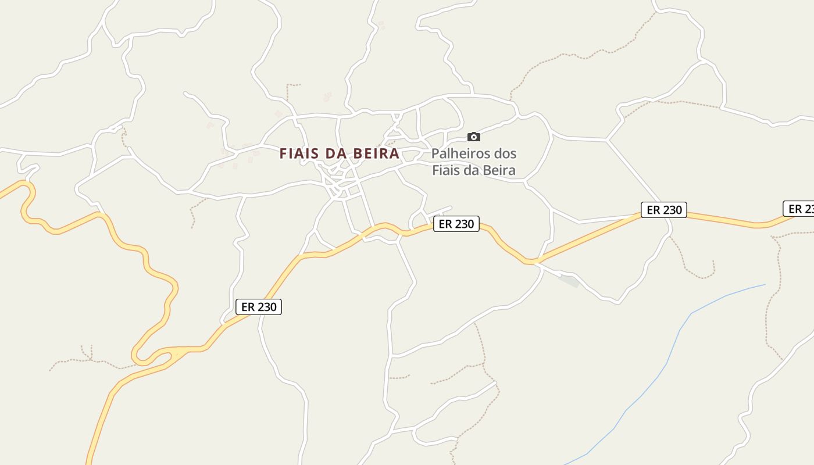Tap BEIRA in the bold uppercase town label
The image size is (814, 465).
point(377,153)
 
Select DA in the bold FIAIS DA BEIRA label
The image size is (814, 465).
point(338,153)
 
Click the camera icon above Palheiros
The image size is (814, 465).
point(474,137)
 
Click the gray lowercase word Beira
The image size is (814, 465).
point(501,170)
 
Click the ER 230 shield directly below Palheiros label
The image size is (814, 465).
point(456,224)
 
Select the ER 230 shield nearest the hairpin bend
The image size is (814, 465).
point(259,307)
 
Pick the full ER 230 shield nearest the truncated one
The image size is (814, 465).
point(664,210)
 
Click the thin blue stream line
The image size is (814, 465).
point(669,360)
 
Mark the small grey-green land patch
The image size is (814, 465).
point(569,281)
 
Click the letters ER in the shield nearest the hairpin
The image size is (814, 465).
point(248,307)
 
